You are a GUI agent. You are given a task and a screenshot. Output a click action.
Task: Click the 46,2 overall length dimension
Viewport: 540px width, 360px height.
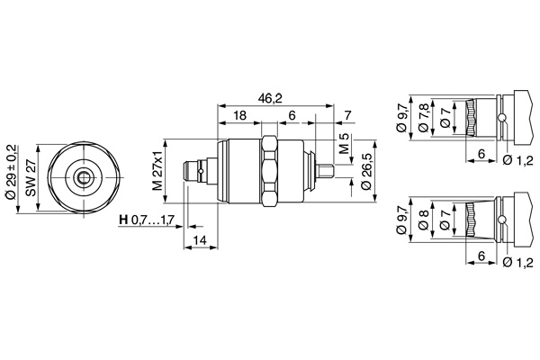[x=270, y=98]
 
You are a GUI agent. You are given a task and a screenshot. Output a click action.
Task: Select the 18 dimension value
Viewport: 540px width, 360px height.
[x=239, y=115]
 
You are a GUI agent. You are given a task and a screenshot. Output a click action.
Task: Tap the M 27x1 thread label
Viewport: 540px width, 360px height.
[x=157, y=170]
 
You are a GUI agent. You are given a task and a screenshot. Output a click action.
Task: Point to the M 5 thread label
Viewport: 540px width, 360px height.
[x=344, y=143]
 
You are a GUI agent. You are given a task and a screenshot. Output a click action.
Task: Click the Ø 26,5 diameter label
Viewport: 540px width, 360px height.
[x=367, y=171]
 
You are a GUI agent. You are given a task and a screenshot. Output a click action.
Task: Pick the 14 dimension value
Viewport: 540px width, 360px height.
[x=200, y=239]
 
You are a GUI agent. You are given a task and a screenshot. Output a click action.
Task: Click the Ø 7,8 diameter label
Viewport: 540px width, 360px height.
[x=423, y=118]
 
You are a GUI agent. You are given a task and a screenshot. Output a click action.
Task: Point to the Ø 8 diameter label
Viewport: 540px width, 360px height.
[x=424, y=220]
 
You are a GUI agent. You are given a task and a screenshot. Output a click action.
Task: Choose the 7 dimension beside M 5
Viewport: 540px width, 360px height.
[x=347, y=115]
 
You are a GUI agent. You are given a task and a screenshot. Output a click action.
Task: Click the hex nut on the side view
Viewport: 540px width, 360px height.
[x=269, y=171]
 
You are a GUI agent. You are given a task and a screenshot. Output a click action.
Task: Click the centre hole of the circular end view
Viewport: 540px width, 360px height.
[x=84, y=177]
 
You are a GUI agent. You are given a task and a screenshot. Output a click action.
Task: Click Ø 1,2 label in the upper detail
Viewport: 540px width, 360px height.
[x=517, y=160]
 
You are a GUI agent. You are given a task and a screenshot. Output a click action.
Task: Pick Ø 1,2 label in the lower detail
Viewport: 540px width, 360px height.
[x=517, y=262]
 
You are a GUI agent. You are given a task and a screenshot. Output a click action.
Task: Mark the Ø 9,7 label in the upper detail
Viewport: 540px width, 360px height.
[x=401, y=118]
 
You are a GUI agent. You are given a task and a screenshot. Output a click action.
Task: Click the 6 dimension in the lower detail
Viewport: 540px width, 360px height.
[x=481, y=256]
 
